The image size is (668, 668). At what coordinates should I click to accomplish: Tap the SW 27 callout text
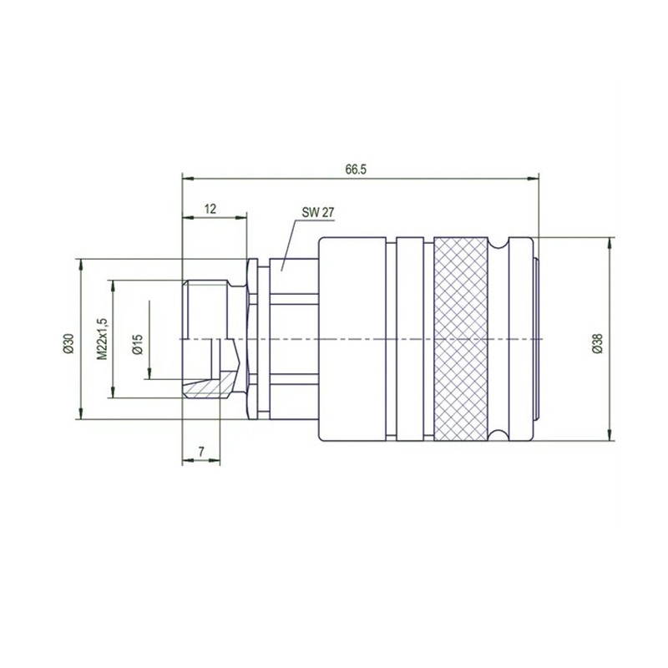click(318, 213)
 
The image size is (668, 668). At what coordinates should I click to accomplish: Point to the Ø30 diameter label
click(68, 343)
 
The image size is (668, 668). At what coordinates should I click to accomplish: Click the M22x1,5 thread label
click(102, 338)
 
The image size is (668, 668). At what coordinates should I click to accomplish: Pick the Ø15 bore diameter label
click(138, 343)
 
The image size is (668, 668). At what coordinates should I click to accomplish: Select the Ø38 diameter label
click(597, 343)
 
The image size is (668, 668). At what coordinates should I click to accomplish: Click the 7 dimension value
click(201, 452)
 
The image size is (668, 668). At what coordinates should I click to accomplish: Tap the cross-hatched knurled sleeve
click(461, 338)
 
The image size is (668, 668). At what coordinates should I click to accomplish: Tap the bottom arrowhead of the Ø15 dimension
click(149, 374)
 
